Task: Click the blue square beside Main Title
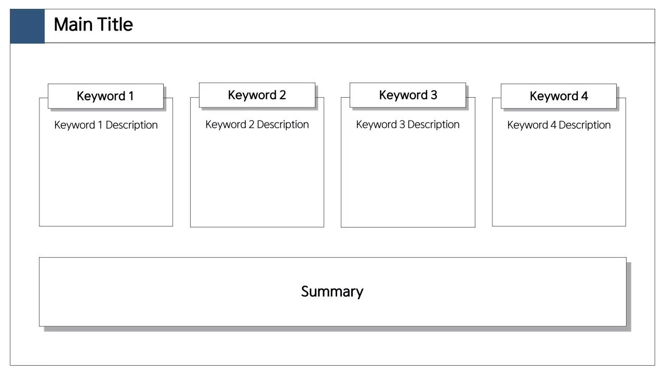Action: pos(27,26)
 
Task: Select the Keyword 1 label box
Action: pos(105,96)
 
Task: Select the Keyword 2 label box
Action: pos(257,95)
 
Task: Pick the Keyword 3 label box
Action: pos(408,95)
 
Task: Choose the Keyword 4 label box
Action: pos(558,96)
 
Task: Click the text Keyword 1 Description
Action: pos(106,125)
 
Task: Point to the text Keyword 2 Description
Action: pos(257,125)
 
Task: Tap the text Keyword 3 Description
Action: pos(408,125)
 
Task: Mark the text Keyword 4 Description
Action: pos(559,125)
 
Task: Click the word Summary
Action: pos(332,291)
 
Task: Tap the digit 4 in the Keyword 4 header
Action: pos(584,96)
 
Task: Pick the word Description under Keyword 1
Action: pos(131,125)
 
